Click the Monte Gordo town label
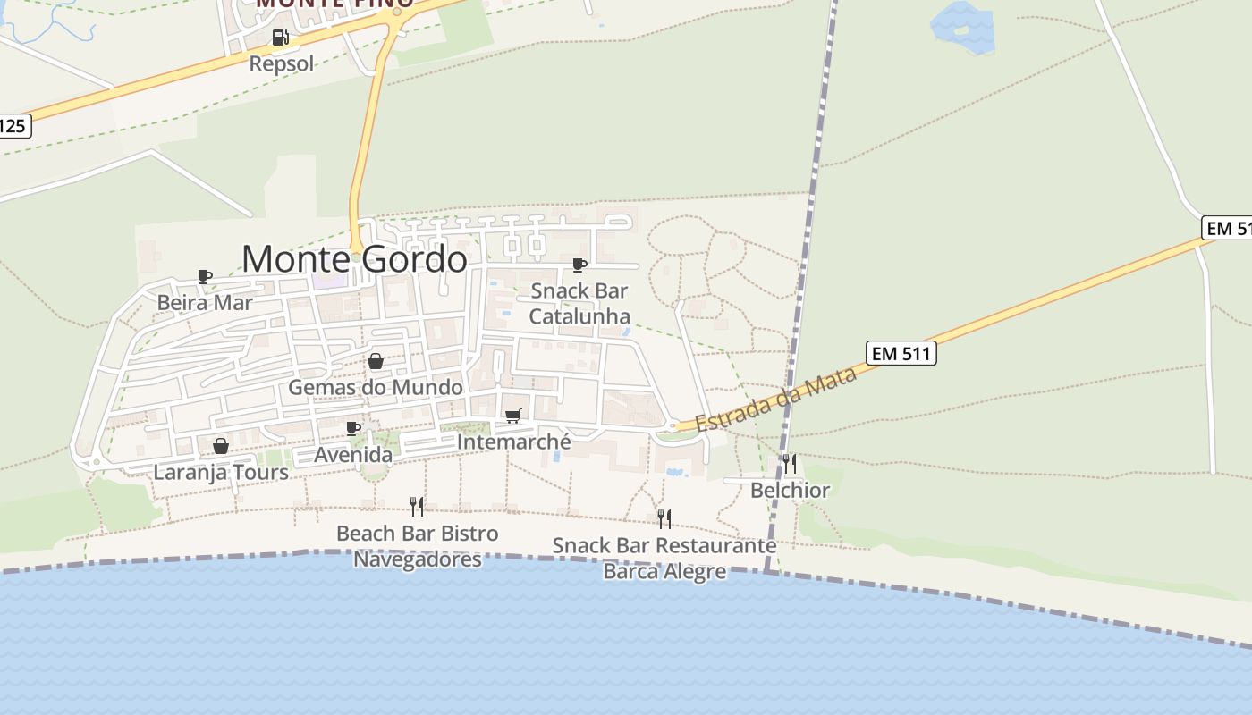coord(354,259)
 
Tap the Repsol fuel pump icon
coord(281,38)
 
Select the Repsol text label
coord(282,63)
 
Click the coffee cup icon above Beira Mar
coord(205,276)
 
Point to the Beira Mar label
coord(205,302)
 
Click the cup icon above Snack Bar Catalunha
coord(579,265)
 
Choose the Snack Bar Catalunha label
coord(579,303)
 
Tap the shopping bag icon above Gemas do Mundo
coord(376,361)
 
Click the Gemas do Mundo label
coord(376,387)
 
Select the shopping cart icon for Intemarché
coord(513,416)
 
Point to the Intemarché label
coord(513,442)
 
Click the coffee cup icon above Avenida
coord(353,428)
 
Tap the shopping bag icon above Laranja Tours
coord(221,445)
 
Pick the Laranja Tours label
coord(221,472)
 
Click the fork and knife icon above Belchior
coord(790,463)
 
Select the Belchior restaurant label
coord(790,490)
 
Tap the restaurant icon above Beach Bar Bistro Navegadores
coord(417,507)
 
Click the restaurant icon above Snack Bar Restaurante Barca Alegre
coord(664,518)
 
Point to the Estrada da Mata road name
coord(775,400)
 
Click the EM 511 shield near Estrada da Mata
coord(901,353)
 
